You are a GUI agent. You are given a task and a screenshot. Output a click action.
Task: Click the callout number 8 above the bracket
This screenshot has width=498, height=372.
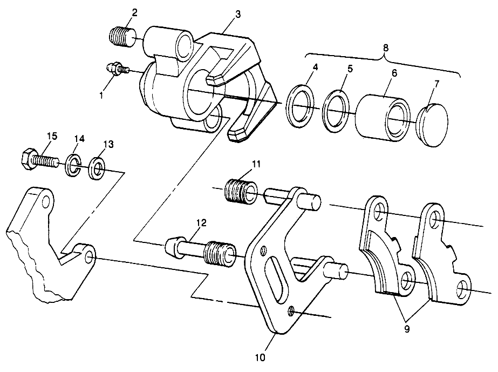385,47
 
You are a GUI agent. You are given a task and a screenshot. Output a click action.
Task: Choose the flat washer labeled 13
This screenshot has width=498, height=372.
97,168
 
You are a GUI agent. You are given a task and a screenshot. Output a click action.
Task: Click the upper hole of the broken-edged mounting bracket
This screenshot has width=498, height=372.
46,203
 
